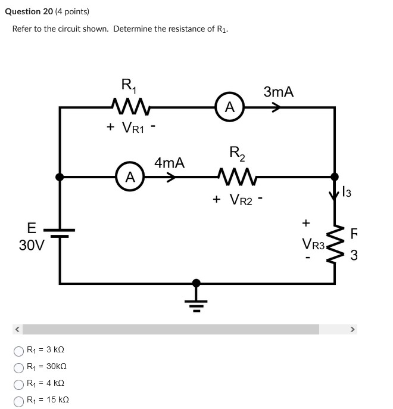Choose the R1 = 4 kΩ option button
pyautogui.click(x=19, y=383)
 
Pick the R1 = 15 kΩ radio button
pyautogui.click(x=19, y=400)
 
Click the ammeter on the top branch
pyautogui.click(x=230, y=107)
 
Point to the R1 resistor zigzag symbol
pyautogui.click(x=130, y=107)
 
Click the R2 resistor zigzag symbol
pyautogui.click(x=237, y=176)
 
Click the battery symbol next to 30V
pyautogui.click(x=60, y=233)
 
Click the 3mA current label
pyautogui.click(x=279, y=92)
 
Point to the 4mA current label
pyautogui.click(x=170, y=162)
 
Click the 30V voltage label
pyautogui.click(x=32, y=245)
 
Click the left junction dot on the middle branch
pyautogui.click(x=60, y=176)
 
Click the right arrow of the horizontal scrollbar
pyautogui.click(x=352, y=329)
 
